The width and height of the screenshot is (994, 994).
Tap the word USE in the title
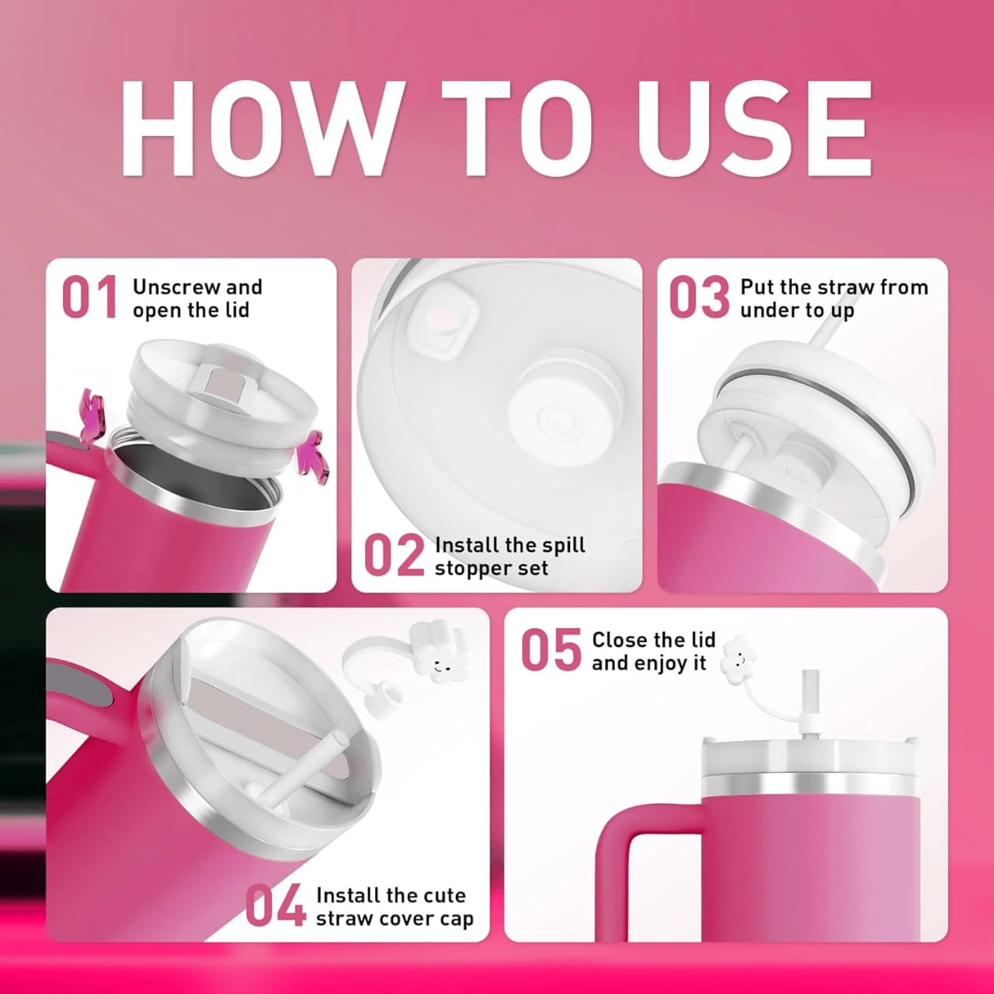[x=755, y=128]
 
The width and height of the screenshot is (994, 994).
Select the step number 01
[x=89, y=297]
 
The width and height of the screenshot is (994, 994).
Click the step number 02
[x=394, y=555]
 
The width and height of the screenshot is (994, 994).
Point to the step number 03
[x=700, y=297]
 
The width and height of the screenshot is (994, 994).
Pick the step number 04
[x=276, y=905]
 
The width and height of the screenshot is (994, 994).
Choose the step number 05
[x=551, y=650]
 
